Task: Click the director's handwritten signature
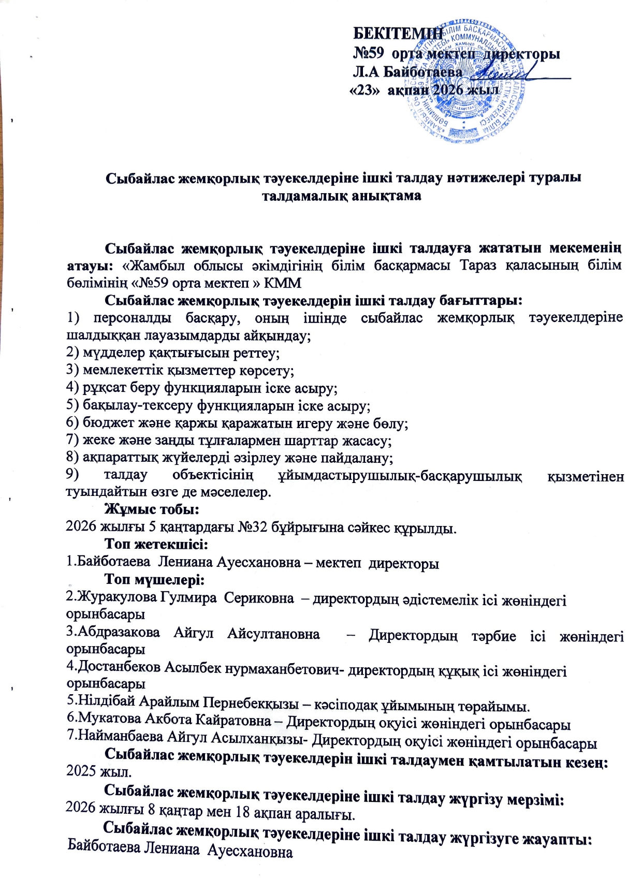click(x=497, y=75)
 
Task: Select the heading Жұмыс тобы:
click(x=152, y=509)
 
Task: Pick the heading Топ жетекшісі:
click(x=156, y=545)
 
